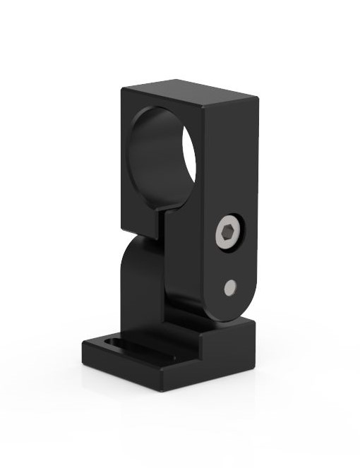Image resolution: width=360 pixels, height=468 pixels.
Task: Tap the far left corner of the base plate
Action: [x=83, y=344]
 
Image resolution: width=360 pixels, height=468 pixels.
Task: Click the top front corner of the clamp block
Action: [x=204, y=106]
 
